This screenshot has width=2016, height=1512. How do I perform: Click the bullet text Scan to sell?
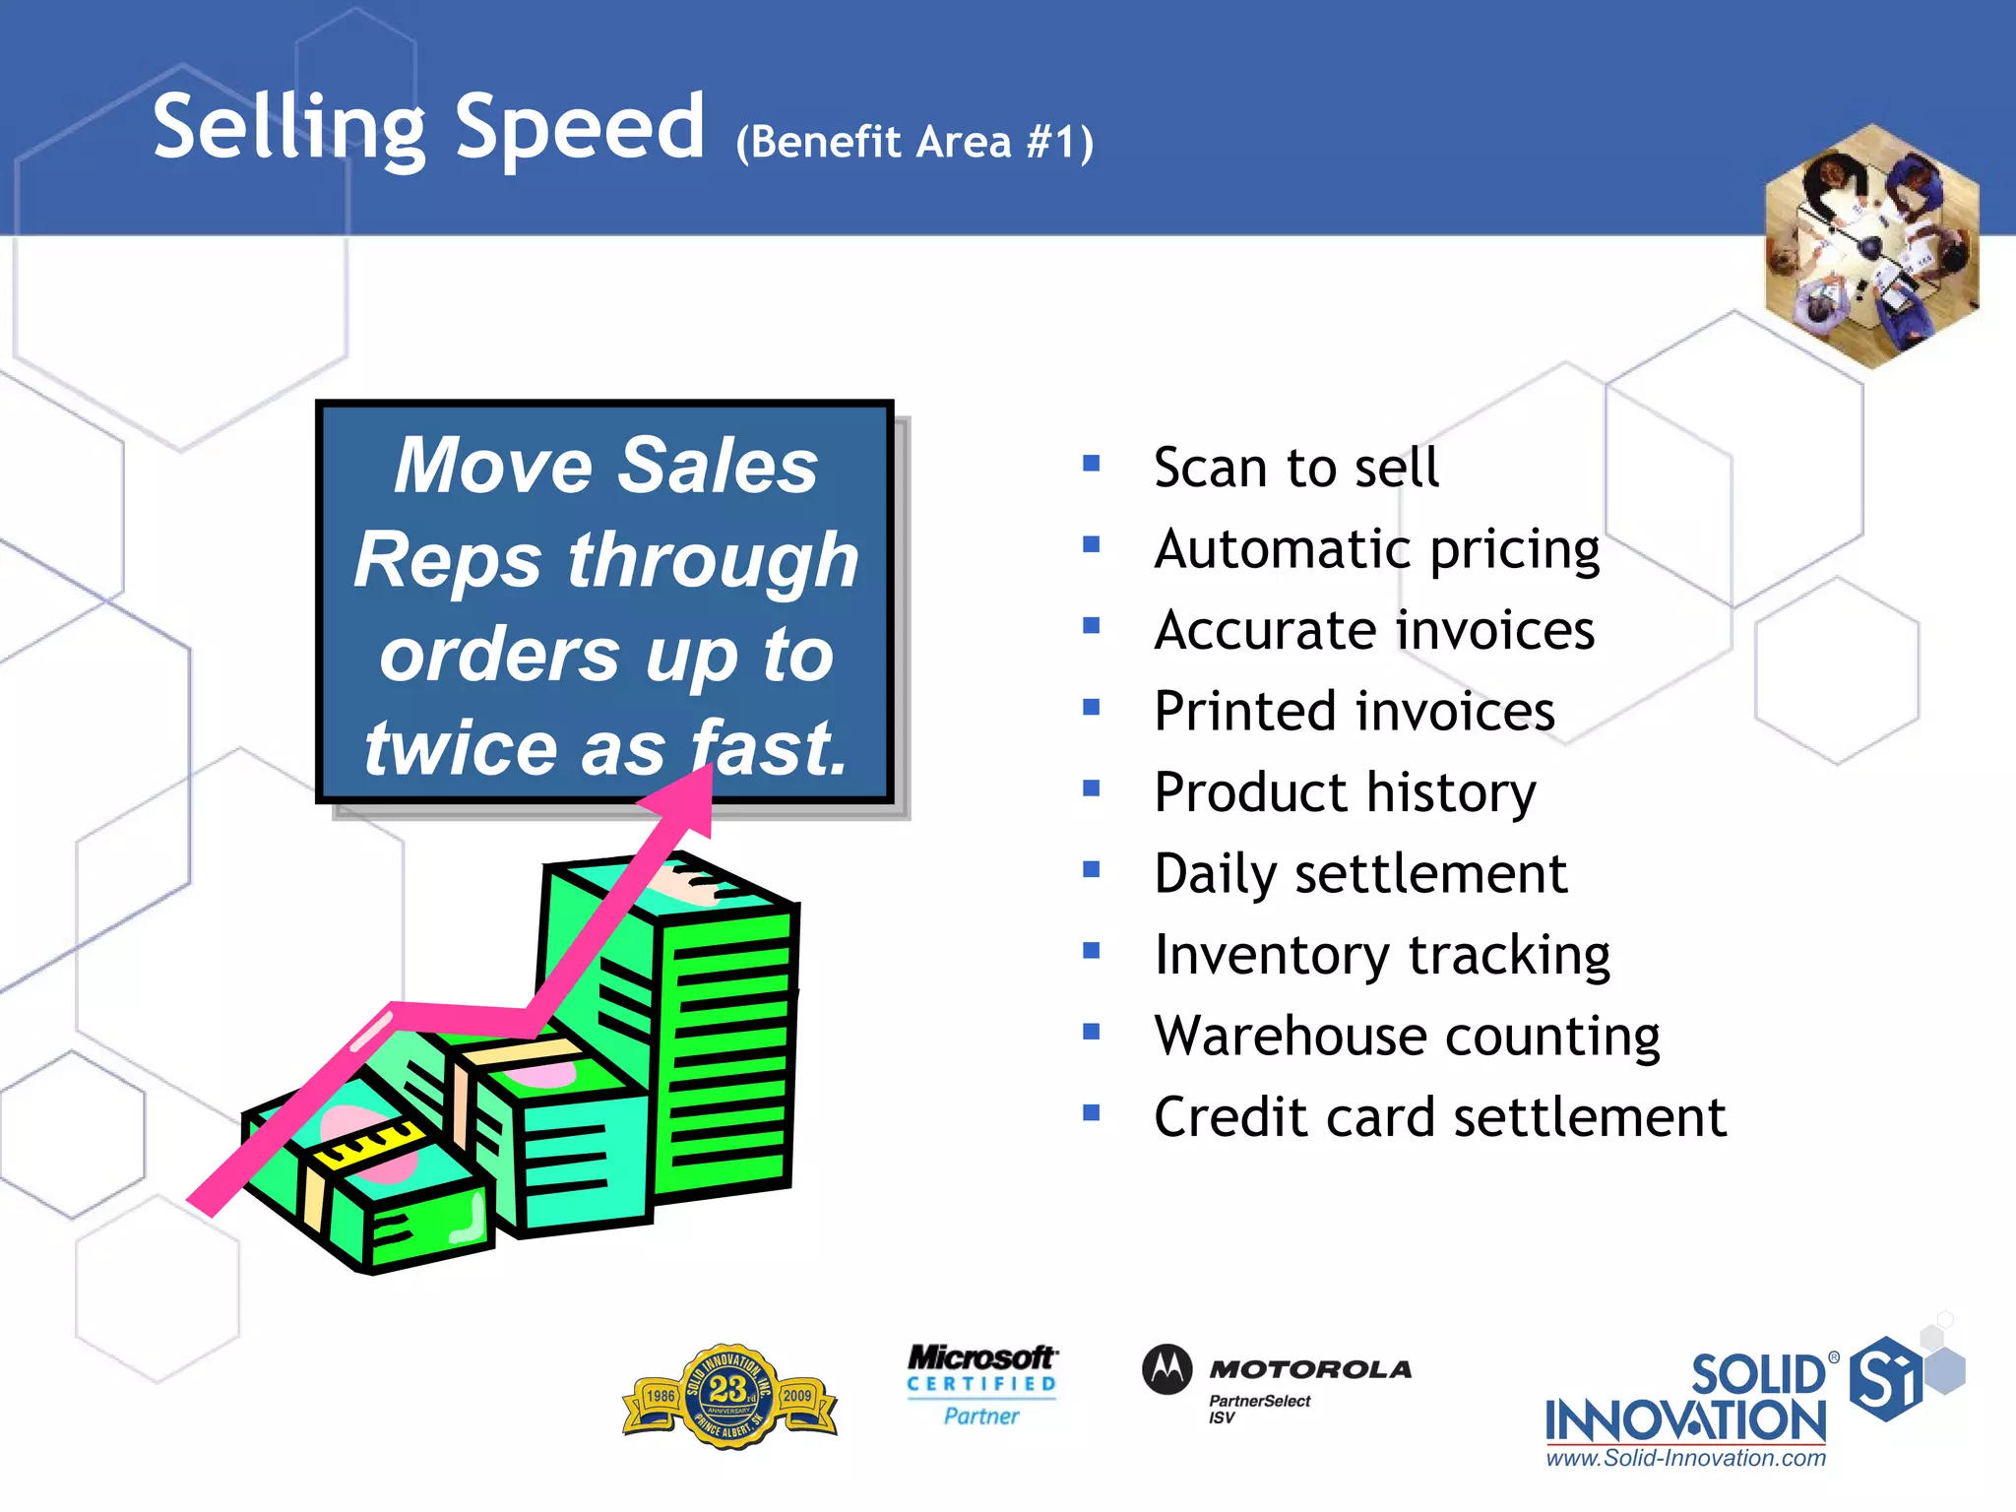[x=1295, y=467]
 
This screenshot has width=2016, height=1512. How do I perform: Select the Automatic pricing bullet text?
[x=1376, y=549]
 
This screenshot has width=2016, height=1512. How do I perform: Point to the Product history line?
[x=1345, y=792]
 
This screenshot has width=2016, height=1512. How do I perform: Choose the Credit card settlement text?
[x=1439, y=1117]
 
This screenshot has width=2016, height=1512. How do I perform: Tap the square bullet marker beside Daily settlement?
[x=1091, y=869]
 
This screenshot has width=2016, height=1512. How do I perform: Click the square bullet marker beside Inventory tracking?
[x=1091, y=950]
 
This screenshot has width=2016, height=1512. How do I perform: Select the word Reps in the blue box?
[x=448, y=559]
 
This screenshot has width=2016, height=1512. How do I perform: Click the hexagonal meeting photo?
[x=1871, y=246]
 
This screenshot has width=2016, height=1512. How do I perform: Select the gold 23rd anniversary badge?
[x=729, y=1396]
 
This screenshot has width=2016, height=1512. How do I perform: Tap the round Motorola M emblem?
[x=1167, y=1369]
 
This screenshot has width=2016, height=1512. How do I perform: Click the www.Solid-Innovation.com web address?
[x=1685, y=1459]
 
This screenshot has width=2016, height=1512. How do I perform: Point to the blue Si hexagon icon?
[x=1884, y=1378]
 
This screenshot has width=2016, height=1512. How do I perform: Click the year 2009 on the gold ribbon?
[x=797, y=1396]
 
